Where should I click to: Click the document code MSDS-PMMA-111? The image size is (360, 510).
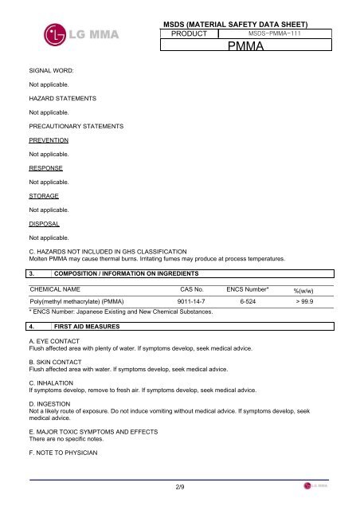click(x=273, y=34)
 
